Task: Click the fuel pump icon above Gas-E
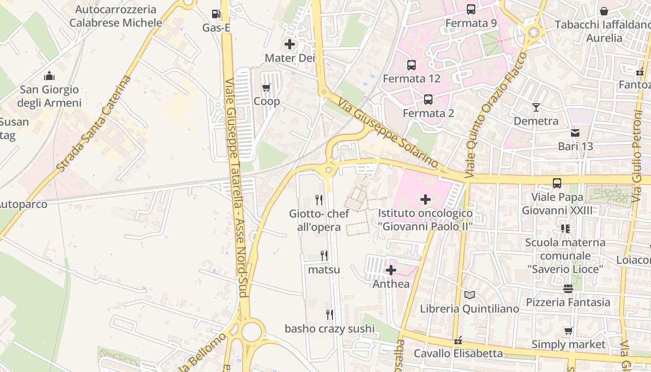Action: pyautogui.click(x=216, y=14)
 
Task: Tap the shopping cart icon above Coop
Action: pyautogui.click(x=266, y=87)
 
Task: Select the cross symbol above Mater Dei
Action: pyautogui.click(x=289, y=45)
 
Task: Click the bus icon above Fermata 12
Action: pyautogui.click(x=411, y=65)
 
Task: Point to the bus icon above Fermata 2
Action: pyautogui.click(x=428, y=100)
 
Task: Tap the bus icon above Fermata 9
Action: pyautogui.click(x=471, y=9)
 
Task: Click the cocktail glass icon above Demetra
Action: pyautogui.click(x=536, y=107)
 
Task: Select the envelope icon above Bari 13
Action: pyautogui.click(x=575, y=133)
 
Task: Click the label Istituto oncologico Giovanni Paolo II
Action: pyautogui.click(x=425, y=220)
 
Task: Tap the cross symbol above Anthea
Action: pyautogui.click(x=391, y=270)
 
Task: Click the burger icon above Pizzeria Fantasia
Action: pyautogui.click(x=568, y=289)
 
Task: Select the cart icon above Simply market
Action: pyautogui.click(x=568, y=331)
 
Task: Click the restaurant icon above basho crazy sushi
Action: pyautogui.click(x=329, y=315)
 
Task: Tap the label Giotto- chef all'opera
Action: pyautogui.click(x=319, y=220)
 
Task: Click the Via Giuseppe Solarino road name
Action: pyautogui.click(x=388, y=133)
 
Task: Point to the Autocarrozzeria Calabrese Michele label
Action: pyautogui.click(x=116, y=16)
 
